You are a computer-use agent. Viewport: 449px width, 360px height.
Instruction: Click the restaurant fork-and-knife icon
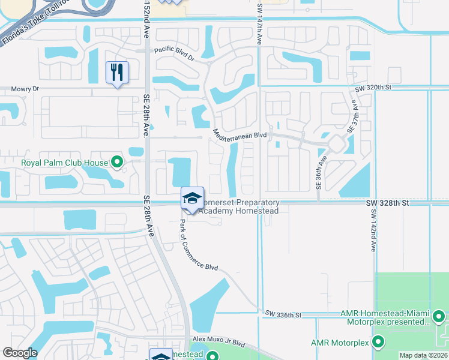click(x=117, y=73)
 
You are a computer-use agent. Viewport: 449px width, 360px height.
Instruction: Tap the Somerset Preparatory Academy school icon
click(x=192, y=199)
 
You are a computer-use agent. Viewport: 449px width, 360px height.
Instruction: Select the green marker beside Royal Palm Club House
click(x=117, y=162)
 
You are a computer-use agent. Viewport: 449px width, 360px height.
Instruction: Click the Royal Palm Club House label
click(x=64, y=163)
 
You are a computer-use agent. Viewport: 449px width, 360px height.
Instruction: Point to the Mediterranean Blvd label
click(x=240, y=136)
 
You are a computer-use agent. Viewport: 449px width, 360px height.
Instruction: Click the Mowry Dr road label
click(x=25, y=89)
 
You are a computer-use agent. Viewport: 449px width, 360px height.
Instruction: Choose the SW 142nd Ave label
click(x=373, y=230)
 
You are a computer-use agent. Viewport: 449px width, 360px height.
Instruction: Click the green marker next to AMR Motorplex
click(x=378, y=343)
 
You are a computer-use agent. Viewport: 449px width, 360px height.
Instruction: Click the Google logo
click(x=20, y=353)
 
